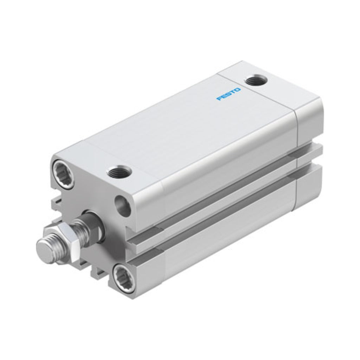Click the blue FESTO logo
click(x=229, y=94)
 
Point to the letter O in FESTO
click(x=238, y=90)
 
